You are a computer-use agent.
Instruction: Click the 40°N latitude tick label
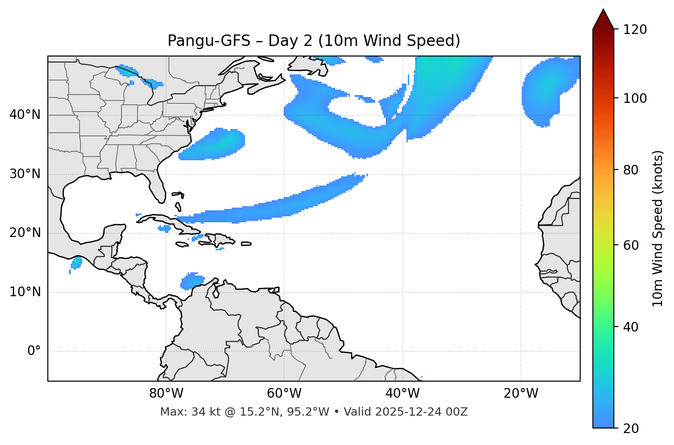tap(25, 115)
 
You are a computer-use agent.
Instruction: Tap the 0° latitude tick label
tap(34, 351)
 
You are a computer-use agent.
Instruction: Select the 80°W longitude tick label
tap(166, 394)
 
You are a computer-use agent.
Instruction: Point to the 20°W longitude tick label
tap(521, 394)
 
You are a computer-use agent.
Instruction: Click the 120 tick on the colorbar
tap(635, 30)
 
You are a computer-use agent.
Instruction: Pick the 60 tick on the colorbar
tap(631, 245)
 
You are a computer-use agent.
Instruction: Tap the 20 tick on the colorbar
tap(631, 428)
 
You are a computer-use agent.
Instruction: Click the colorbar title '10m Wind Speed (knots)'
tap(658, 228)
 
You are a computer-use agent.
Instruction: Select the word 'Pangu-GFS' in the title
tap(209, 41)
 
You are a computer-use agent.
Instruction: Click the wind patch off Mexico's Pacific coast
tap(76, 263)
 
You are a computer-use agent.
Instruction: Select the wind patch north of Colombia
tap(193, 281)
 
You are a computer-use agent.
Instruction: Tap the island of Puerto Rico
tap(246, 244)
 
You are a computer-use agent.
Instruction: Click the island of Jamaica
tap(182, 244)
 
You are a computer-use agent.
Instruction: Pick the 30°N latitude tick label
tap(25, 174)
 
